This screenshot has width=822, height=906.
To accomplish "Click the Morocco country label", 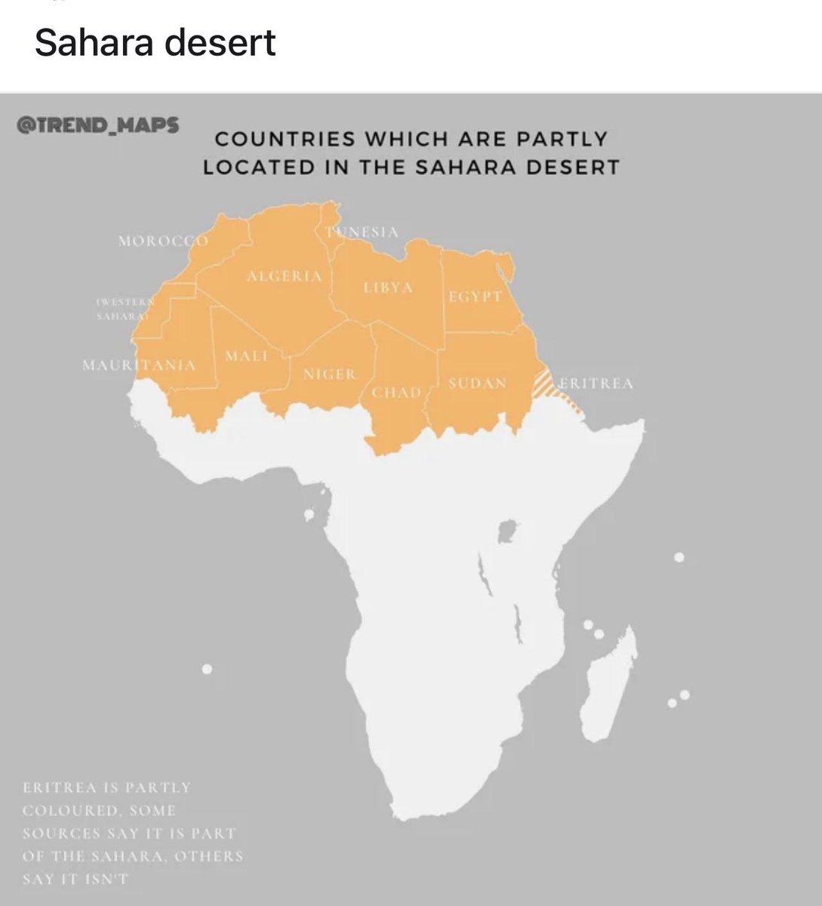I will click(x=163, y=242).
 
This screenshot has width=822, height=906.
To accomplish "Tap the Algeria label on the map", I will click(x=285, y=276).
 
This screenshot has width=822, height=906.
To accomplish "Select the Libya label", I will click(x=388, y=288).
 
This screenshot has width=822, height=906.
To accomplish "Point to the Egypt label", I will click(x=476, y=297).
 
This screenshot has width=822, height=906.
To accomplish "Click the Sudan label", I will click(x=477, y=384).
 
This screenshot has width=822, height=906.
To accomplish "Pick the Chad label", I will click(x=396, y=393).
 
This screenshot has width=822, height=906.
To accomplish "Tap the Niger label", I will click(x=330, y=374).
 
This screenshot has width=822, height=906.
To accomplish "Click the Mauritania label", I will click(x=139, y=365).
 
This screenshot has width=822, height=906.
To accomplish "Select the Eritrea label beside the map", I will click(x=596, y=384).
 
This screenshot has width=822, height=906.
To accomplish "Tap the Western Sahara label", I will click(x=125, y=308).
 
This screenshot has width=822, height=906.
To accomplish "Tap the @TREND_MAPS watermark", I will click(x=97, y=125).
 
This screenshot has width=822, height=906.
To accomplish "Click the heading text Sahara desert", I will click(x=155, y=43).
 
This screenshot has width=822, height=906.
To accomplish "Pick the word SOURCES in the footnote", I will click(x=60, y=834).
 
